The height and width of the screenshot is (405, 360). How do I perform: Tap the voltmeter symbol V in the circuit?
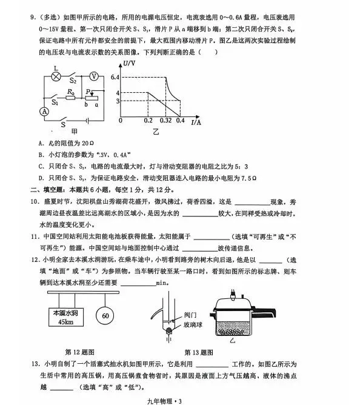coord(94,76)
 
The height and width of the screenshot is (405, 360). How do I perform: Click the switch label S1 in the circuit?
coord(55,103)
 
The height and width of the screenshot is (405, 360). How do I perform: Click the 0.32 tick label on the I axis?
coord(165,121)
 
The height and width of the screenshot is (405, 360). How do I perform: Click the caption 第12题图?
coord(77,351)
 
